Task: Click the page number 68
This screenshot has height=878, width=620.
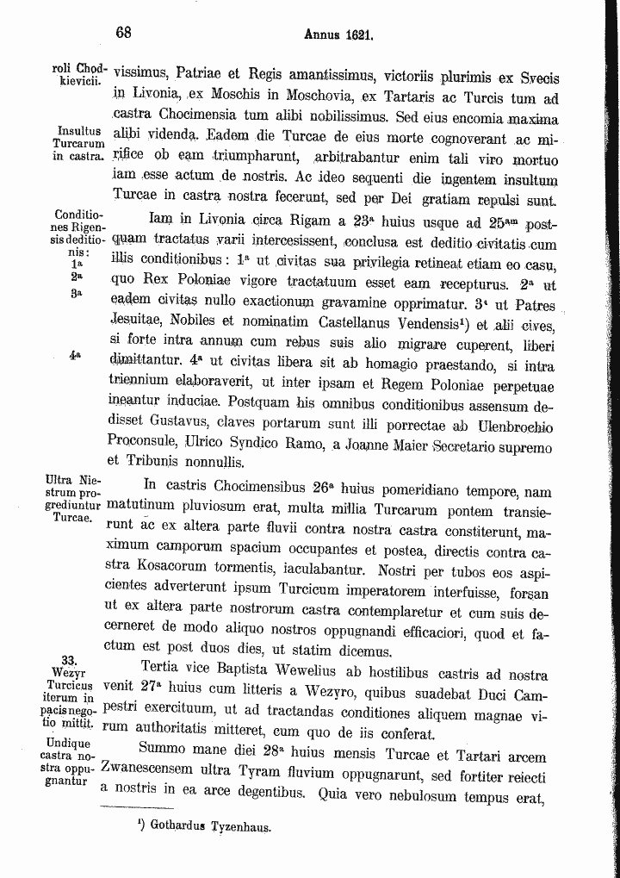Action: pyautogui.click(x=123, y=33)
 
